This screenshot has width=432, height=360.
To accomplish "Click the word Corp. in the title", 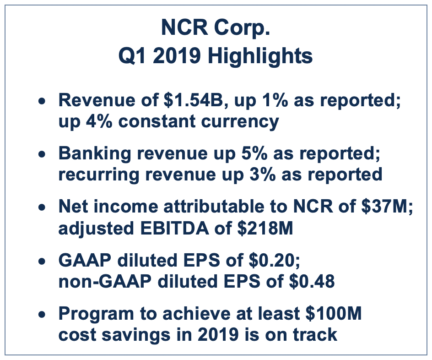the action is pos(242,28).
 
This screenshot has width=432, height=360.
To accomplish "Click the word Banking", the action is pos(95,154).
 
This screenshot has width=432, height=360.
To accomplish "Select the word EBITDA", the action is pos(174,228).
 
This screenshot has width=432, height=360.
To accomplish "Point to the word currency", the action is pos(240,122).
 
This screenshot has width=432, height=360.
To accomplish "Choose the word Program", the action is pos(96,314).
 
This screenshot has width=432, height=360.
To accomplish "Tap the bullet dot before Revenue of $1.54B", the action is pos(42,101).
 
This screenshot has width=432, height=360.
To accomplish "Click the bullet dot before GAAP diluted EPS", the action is pos(42,261).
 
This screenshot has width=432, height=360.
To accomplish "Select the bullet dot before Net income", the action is pos(42,207).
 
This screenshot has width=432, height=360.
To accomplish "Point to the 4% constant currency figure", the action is pos(99,121).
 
